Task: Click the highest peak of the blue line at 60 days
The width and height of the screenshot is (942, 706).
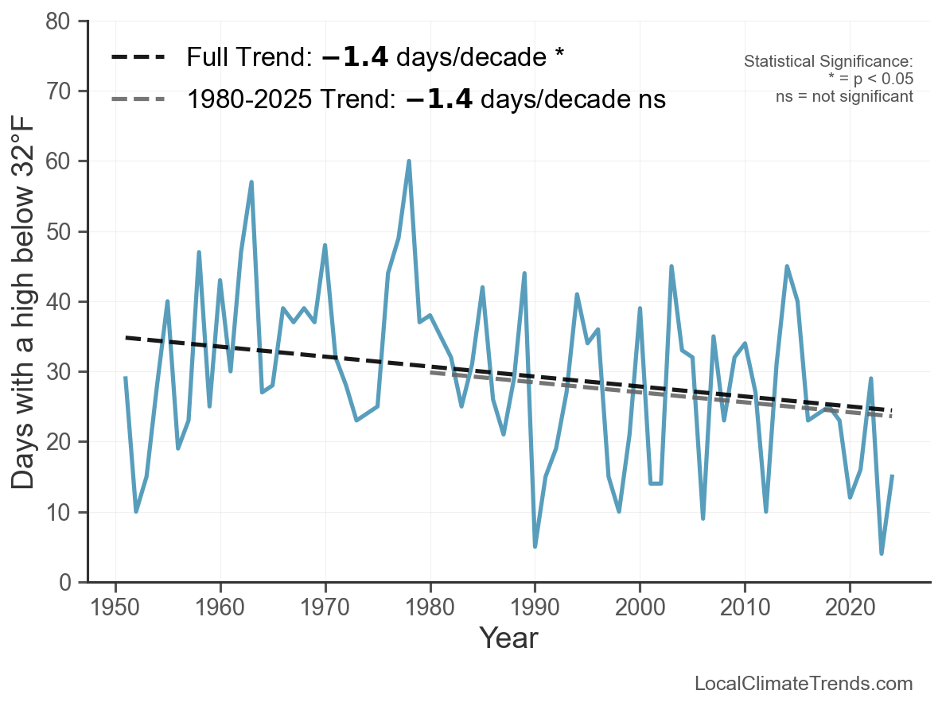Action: [x=409, y=161]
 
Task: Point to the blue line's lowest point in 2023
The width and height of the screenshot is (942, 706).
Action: [x=882, y=553]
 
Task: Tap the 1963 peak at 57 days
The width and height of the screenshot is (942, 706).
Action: [x=251, y=182]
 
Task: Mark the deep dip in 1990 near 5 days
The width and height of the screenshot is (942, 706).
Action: [x=535, y=546]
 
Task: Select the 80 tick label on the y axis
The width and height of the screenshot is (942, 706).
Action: [x=63, y=21]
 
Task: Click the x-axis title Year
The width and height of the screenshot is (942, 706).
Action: [x=508, y=638]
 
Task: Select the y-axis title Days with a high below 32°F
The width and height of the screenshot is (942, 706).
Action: [x=24, y=301]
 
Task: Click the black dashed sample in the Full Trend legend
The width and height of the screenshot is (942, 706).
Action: [x=138, y=57]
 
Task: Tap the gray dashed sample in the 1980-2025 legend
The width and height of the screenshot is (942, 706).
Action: [x=138, y=99]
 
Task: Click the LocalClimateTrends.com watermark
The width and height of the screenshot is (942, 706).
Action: [x=804, y=684]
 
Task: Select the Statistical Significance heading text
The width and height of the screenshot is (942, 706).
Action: [x=828, y=62]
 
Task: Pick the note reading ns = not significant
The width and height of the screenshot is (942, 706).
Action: [x=844, y=96]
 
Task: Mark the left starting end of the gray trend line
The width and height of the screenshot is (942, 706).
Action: [x=430, y=370]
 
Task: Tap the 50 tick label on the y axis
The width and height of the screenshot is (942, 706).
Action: [x=63, y=232]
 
